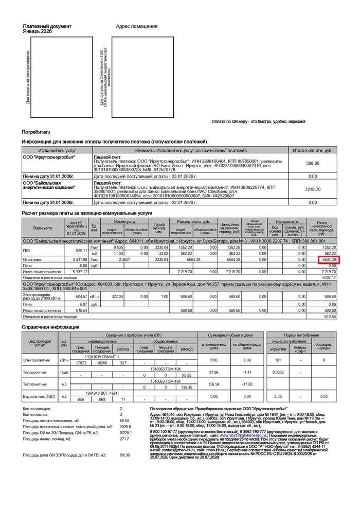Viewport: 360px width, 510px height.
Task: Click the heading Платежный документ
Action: [x=47, y=26]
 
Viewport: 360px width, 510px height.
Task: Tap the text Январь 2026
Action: [x=37, y=31]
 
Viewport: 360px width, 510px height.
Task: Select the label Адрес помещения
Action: [x=137, y=26]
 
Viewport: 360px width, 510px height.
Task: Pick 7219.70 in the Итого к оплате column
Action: [x=313, y=189]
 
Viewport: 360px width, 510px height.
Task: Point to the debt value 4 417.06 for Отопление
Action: [x=79, y=260]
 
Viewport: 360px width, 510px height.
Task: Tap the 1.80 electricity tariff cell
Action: [x=165, y=296]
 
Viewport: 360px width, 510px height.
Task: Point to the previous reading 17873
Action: [x=81, y=363]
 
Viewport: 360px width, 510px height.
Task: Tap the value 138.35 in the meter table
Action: [x=187, y=387]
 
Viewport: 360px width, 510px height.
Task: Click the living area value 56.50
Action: [x=124, y=420]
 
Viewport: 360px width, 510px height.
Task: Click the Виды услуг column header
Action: [x=43, y=227]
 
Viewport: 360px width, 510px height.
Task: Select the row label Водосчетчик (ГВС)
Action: [x=40, y=396]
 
